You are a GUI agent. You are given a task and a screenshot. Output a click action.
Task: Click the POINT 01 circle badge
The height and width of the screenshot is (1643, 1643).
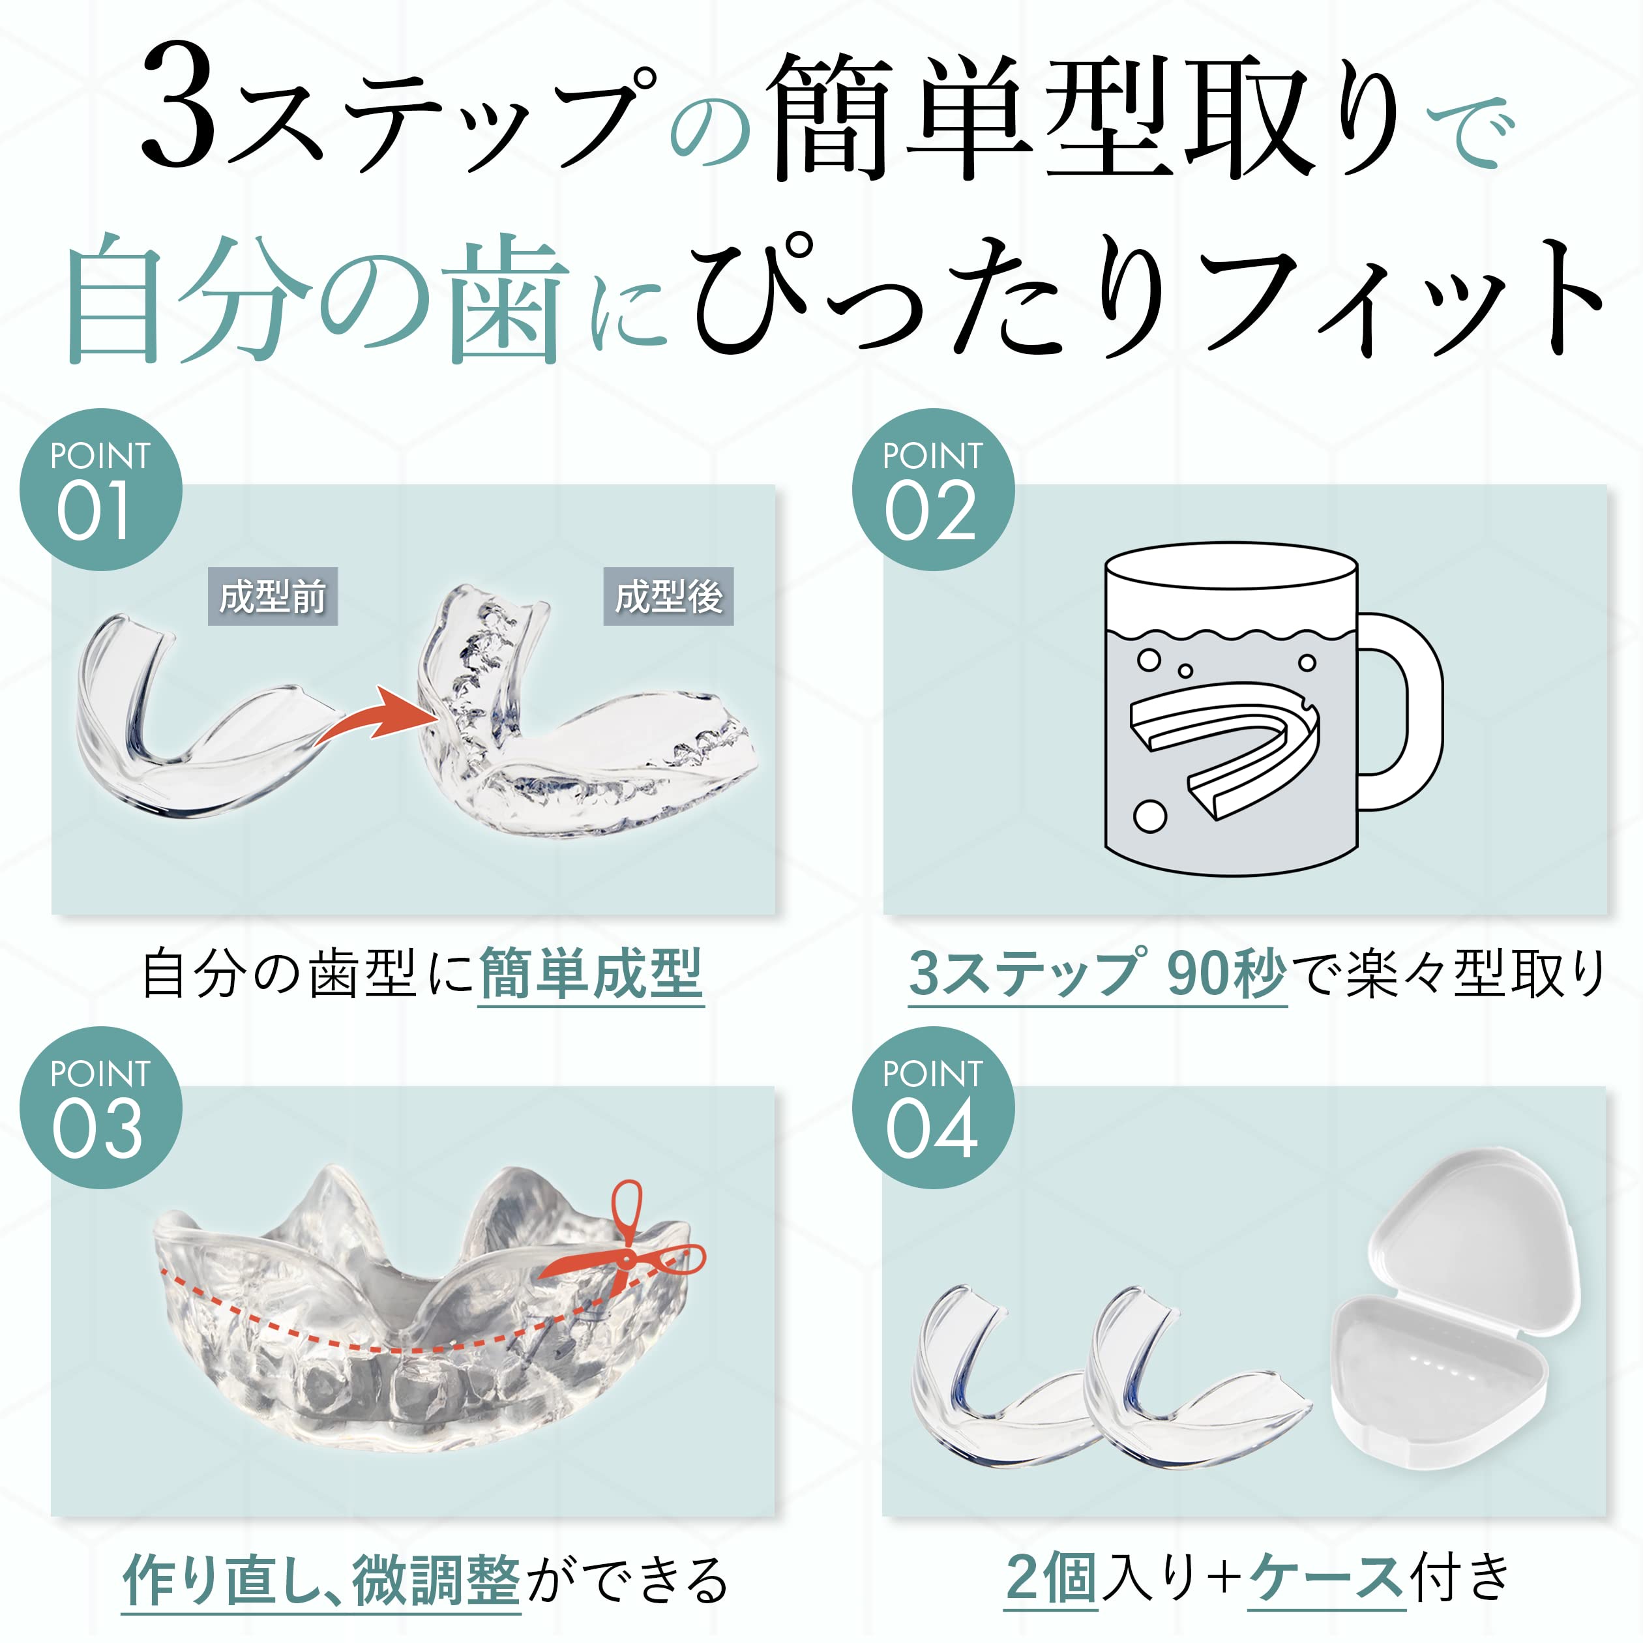pyautogui.click(x=100, y=490)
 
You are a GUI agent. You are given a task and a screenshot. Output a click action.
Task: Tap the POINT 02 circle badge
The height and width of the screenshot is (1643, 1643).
pyautogui.click(x=933, y=490)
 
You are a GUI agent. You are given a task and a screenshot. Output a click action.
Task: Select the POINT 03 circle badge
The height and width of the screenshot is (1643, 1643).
pyautogui.click(x=100, y=1107)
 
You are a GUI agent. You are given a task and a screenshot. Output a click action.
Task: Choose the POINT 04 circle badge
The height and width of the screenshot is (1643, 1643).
pyautogui.click(x=933, y=1107)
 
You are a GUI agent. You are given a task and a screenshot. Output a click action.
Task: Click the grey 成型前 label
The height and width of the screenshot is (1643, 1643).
pyautogui.click(x=273, y=596)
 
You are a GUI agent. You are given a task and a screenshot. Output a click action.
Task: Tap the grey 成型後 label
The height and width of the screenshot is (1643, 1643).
pyautogui.click(x=668, y=596)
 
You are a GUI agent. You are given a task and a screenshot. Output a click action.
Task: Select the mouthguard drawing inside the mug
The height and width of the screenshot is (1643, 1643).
pyautogui.click(x=1224, y=749)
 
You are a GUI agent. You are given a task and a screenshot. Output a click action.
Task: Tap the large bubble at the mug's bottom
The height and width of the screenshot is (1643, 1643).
pyautogui.click(x=1149, y=816)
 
